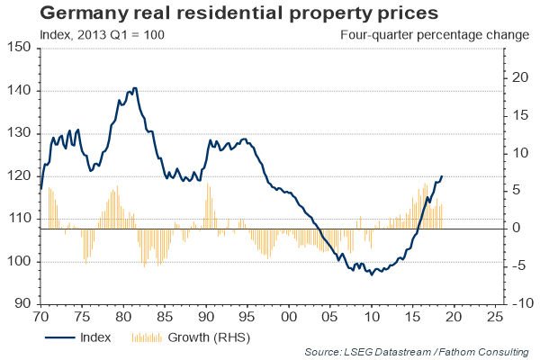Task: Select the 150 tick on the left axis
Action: pyautogui.click(x=21, y=48)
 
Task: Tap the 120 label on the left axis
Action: pyautogui.click(x=21, y=175)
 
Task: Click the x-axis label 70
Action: pyautogui.click(x=40, y=317)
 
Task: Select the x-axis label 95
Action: pyautogui.click(x=247, y=317)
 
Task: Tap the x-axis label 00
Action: pyautogui.click(x=288, y=317)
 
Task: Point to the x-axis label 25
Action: pyautogui.click(x=494, y=317)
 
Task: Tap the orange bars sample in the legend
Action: pyautogui.click(x=147, y=338)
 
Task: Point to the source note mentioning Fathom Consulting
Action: pyautogui.click(x=418, y=352)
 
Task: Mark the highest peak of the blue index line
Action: pyautogui.click(x=135, y=88)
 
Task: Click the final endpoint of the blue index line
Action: pyautogui.click(x=442, y=176)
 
